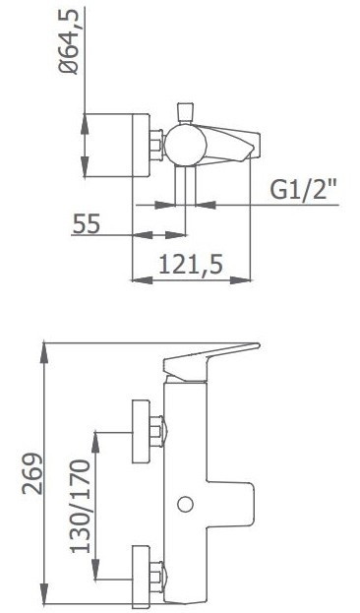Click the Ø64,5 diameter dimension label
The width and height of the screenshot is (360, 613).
[x=69, y=41]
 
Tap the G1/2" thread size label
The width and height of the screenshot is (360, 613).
[x=304, y=189]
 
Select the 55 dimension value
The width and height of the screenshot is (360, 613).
[x=87, y=223]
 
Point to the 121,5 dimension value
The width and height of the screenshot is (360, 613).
[x=191, y=265]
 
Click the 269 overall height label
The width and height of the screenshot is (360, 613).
[x=31, y=473]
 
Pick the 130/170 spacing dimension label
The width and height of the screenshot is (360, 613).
[x=81, y=507]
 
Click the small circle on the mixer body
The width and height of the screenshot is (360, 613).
[x=185, y=504]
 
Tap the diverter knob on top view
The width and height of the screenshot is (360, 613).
[x=185, y=112]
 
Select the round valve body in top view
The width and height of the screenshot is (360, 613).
[x=185, y=145]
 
